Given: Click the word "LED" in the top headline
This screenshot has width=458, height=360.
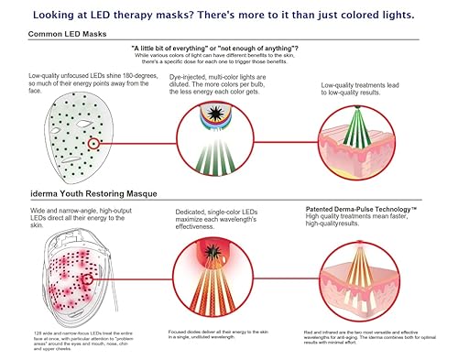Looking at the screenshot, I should [135, 14].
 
